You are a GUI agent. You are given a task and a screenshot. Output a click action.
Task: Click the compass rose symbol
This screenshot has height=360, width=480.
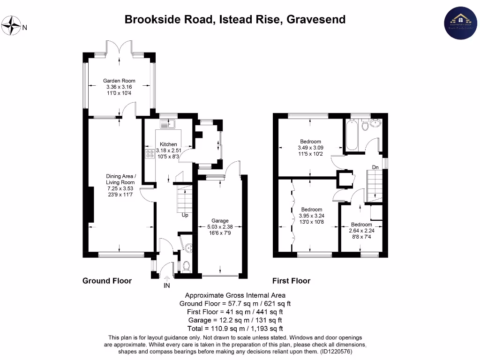tap(12, 26)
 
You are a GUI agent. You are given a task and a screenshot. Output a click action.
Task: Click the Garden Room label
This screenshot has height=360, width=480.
tap(119, 81)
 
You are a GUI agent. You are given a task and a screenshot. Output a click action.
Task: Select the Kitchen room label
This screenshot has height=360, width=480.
tap(168, 144)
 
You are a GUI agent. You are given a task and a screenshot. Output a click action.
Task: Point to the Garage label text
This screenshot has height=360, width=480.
tap(220, 221)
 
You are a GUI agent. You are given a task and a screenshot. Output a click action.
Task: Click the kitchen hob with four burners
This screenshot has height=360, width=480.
tap(150, 154)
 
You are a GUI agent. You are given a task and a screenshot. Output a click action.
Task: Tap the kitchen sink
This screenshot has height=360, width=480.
tap(166, 124)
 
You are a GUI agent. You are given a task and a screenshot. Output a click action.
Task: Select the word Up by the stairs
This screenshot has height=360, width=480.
tap(185, 216)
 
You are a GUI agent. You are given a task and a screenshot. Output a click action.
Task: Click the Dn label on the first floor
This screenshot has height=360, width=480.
tap(375, 167)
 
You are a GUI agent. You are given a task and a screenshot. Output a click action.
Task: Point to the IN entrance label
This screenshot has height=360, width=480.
tap(166, 285)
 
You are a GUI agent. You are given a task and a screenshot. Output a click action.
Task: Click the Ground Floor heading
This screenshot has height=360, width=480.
tap(107, 281)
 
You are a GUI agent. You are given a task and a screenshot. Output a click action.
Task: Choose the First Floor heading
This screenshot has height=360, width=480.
tap(291, 281)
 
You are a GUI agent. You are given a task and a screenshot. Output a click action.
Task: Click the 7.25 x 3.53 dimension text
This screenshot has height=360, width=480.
tap(120, 188)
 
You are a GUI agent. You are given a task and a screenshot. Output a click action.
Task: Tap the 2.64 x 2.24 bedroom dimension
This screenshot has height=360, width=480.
tap(361, 231)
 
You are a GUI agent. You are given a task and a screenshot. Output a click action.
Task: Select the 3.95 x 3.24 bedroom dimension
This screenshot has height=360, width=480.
tap(311, 216)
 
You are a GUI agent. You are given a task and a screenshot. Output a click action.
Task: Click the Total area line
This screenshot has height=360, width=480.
tap(235, 329)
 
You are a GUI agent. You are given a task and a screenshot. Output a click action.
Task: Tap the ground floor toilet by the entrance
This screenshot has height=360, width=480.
tap(186, 266)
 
